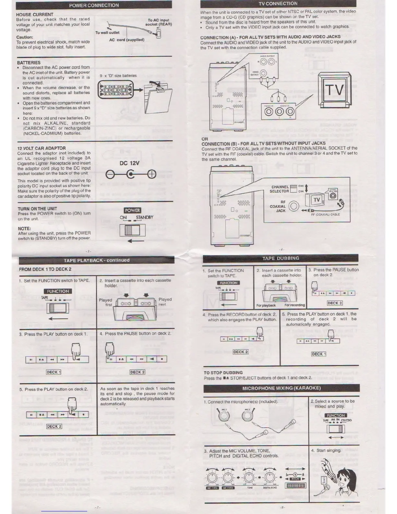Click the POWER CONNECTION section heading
click(94, 6)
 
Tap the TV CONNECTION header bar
click(278, 4)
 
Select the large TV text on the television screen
click(334, 90)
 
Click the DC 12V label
click(129, 163)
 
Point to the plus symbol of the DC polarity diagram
click(151, 175)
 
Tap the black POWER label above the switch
click(132, 210)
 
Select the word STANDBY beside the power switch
click(144, 217)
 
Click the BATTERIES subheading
click(29, 63)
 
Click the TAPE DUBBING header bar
click(281, 258)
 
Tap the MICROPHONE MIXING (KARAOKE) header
click(282, 388)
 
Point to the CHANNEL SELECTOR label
click(280, 189)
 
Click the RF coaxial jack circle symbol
click(294, 206)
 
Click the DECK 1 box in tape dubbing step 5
click(319, 354)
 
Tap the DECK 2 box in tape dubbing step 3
click(335, 303)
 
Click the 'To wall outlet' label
click(107, 32)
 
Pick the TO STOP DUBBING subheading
click(223, 373)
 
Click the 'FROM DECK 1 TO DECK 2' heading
click(45, 269)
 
